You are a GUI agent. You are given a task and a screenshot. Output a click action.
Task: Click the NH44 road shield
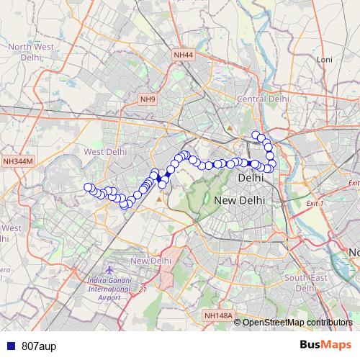pyautogui.click(x=184, y=55)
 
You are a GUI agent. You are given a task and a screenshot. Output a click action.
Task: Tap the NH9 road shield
pyautogui.click(x=148, y=99)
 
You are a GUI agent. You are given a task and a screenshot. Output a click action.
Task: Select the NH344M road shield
pyautogui.click(x=18, y=162)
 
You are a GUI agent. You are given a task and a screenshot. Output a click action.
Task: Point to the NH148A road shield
pyautogui.click(x=217, y=315)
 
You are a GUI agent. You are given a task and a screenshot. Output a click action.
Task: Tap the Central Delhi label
pyautogui.click(x=263, y=98)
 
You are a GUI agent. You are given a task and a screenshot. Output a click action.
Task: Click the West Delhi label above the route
pyautogui.click(x=105, y=152)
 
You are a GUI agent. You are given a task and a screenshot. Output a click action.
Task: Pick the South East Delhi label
pyautogui.click(x=306, y=282)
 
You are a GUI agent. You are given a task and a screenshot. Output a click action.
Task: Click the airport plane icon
pyautogui.click(x=109, y=270)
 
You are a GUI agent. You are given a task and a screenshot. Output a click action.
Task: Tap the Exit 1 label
pyautogui.click(x=315, y=204)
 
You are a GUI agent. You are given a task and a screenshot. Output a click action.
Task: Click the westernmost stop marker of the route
pyautogui.click(x=89, y=188)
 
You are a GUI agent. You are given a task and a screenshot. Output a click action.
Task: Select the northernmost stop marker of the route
pyautogui.click(x=256, y=135)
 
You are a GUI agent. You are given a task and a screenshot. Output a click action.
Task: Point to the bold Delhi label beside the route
pyautogui.click(x=250, y=177)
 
